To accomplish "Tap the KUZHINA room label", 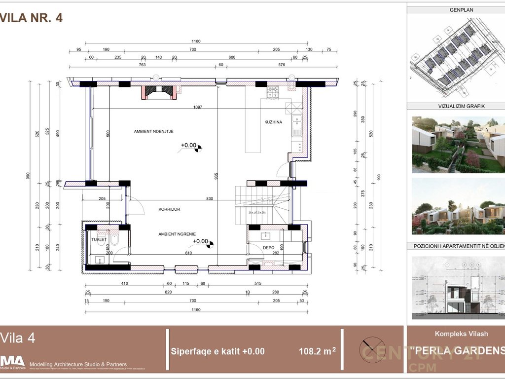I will (273, 122).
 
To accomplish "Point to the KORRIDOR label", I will (169, 209).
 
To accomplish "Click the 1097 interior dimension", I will (197, 107).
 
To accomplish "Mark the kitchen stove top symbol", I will (273, 92).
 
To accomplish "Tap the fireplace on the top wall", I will (158, 92).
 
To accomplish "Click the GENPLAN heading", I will (456, 10).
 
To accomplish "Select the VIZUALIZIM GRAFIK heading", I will (456, 106).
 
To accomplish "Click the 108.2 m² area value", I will (317, 351).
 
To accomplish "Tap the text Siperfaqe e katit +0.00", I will (217, 351).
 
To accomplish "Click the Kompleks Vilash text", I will (461, 334).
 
